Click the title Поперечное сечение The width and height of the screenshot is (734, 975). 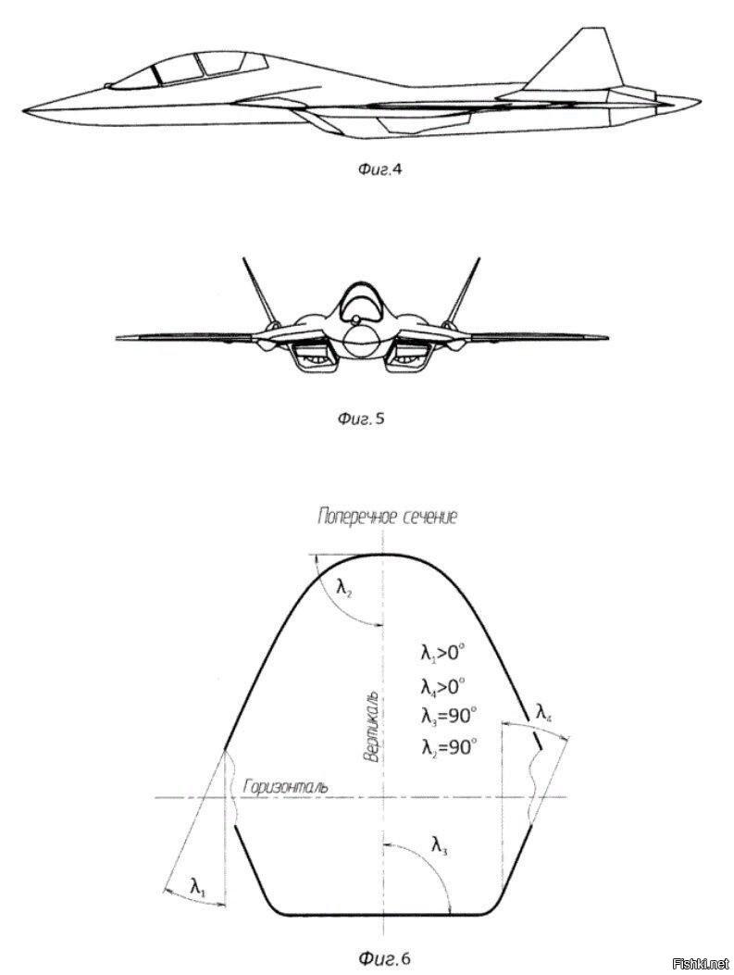coord(388,517)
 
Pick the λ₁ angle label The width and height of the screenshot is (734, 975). coord(198,887)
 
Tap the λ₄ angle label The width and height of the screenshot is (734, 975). coord(546,711)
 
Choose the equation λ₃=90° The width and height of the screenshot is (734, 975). coord(448,715)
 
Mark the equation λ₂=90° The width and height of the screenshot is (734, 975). coord(448,745)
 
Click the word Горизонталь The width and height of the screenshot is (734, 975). coord(284,787)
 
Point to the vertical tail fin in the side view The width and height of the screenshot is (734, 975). coord(583,60)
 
